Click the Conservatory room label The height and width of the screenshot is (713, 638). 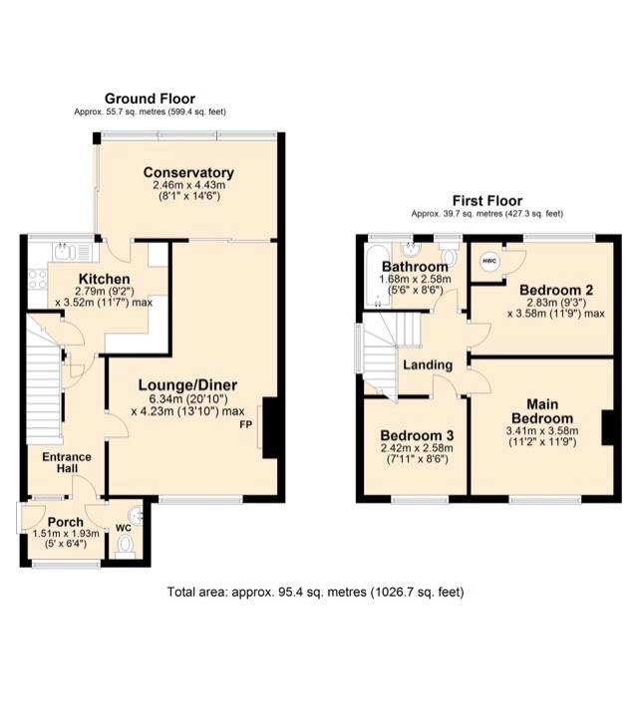[x=187, y=172]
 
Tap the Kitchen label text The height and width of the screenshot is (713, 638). [x=104, y=279]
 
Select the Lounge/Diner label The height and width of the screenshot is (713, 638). [x=186, y=386]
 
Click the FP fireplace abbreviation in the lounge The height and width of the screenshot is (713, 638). [x=245, y=424]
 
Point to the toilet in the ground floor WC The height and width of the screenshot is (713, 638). [x=125, y=545]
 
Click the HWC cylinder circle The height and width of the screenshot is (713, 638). [x=488, y=262]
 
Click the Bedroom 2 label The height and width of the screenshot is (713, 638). [x=555, y=290]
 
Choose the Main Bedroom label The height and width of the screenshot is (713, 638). [x=542, y=410]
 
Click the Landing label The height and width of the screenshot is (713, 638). [x=428, y=364]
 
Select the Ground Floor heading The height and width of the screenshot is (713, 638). [x=151, y=99]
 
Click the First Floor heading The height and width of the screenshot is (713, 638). [x=487, y=200]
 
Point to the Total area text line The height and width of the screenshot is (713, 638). [x=316, y=592]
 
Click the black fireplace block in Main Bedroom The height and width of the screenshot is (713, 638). [x=607, y=428]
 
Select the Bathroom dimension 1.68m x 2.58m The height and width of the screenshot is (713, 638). [x=416, y=280]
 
